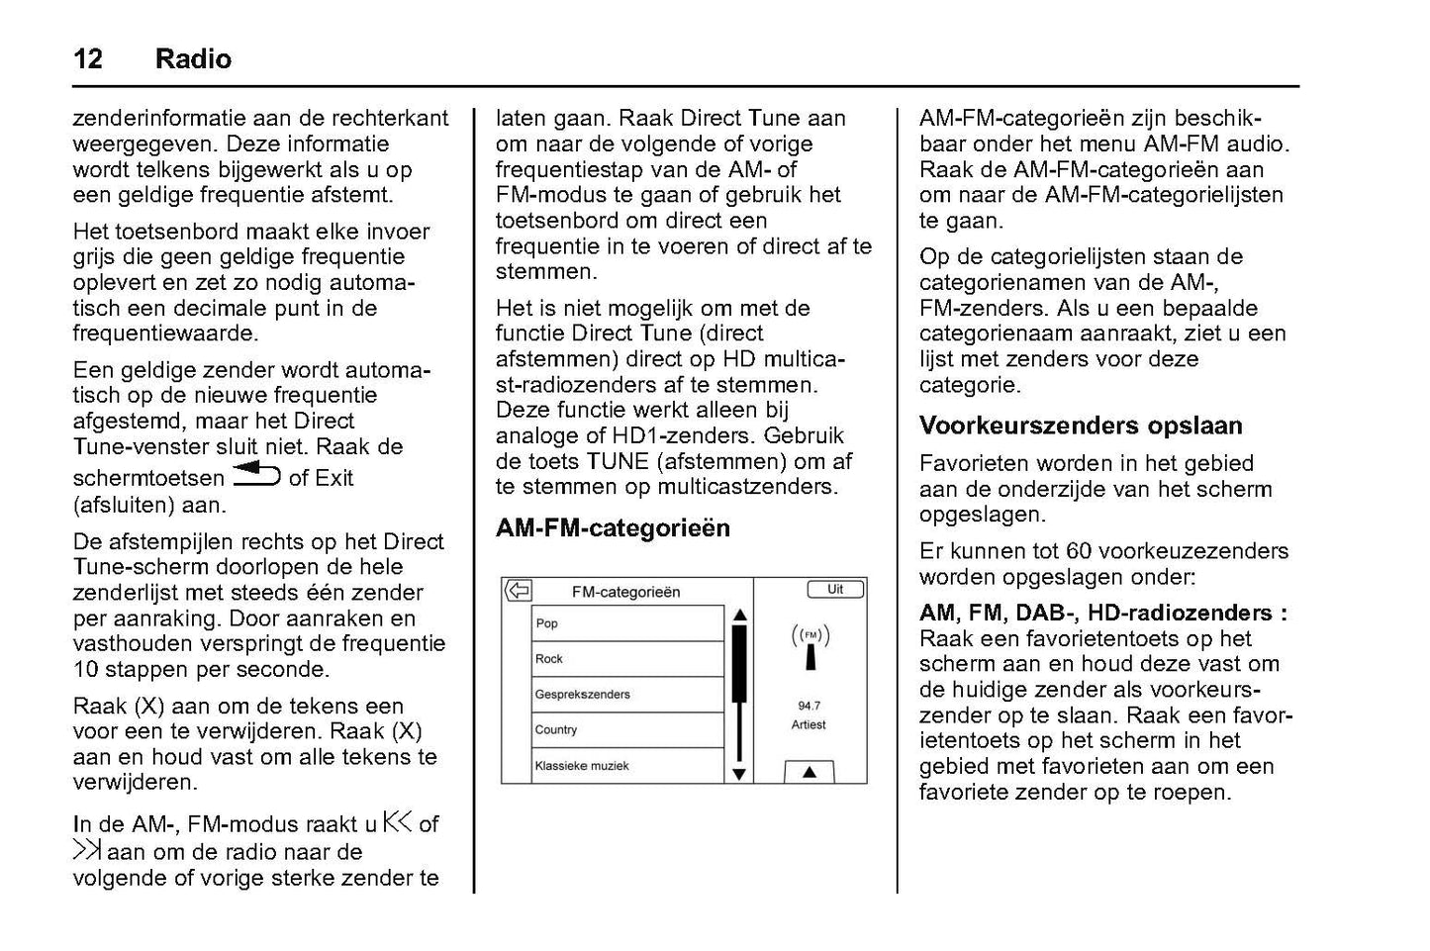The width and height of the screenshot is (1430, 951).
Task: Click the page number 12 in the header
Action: [87, 59]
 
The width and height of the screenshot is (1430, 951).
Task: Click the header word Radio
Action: [193, 59]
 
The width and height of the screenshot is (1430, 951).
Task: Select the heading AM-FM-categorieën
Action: [613, 528]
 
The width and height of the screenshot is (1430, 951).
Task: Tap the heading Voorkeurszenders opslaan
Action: [1081, 427]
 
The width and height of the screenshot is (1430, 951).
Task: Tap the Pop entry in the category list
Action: [547, 623]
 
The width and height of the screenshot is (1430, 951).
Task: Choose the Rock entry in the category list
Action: [549, 659]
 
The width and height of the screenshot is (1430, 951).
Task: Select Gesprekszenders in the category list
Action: [582, 695]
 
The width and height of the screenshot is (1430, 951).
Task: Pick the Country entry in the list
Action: [556, 730]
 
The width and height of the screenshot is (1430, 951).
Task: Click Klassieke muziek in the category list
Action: [582, 766]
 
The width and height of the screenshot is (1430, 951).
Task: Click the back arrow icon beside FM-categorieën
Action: [518, 592]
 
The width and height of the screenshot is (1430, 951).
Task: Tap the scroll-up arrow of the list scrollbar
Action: [739, 615]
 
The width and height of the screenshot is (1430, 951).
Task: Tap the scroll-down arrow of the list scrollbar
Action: [739, 774]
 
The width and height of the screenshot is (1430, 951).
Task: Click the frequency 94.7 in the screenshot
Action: [809, 706]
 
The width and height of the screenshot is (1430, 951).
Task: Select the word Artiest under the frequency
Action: [809, 724]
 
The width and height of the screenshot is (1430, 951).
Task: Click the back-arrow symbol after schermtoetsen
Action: [256, 477]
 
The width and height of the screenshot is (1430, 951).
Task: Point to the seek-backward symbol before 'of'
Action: [397, 822]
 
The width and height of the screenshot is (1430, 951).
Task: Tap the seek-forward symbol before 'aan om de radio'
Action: [87, 850]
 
